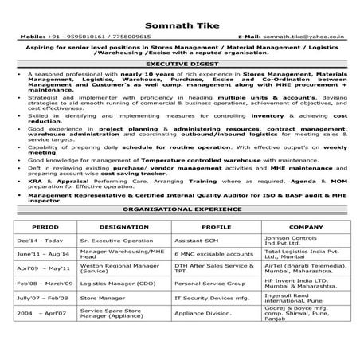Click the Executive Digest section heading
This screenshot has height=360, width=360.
point(179,64)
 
